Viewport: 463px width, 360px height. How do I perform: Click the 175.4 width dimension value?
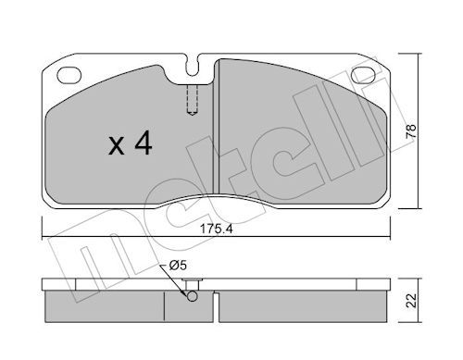coord(216,229)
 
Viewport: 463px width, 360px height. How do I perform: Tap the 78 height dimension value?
coord(411,131)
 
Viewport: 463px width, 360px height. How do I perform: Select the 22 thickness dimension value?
coord(411,300)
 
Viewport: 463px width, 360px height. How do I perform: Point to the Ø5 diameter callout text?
coord(178,265)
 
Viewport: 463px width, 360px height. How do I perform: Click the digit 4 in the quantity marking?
coord(144,143)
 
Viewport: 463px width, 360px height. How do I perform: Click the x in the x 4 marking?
coord(117,146)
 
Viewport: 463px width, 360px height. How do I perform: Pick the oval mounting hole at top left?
coord(69,75)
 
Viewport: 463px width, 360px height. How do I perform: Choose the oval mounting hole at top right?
coord(364,75)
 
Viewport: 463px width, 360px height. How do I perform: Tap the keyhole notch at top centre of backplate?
coord(193,66)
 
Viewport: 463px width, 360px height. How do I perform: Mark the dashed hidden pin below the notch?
coord(192,100)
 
